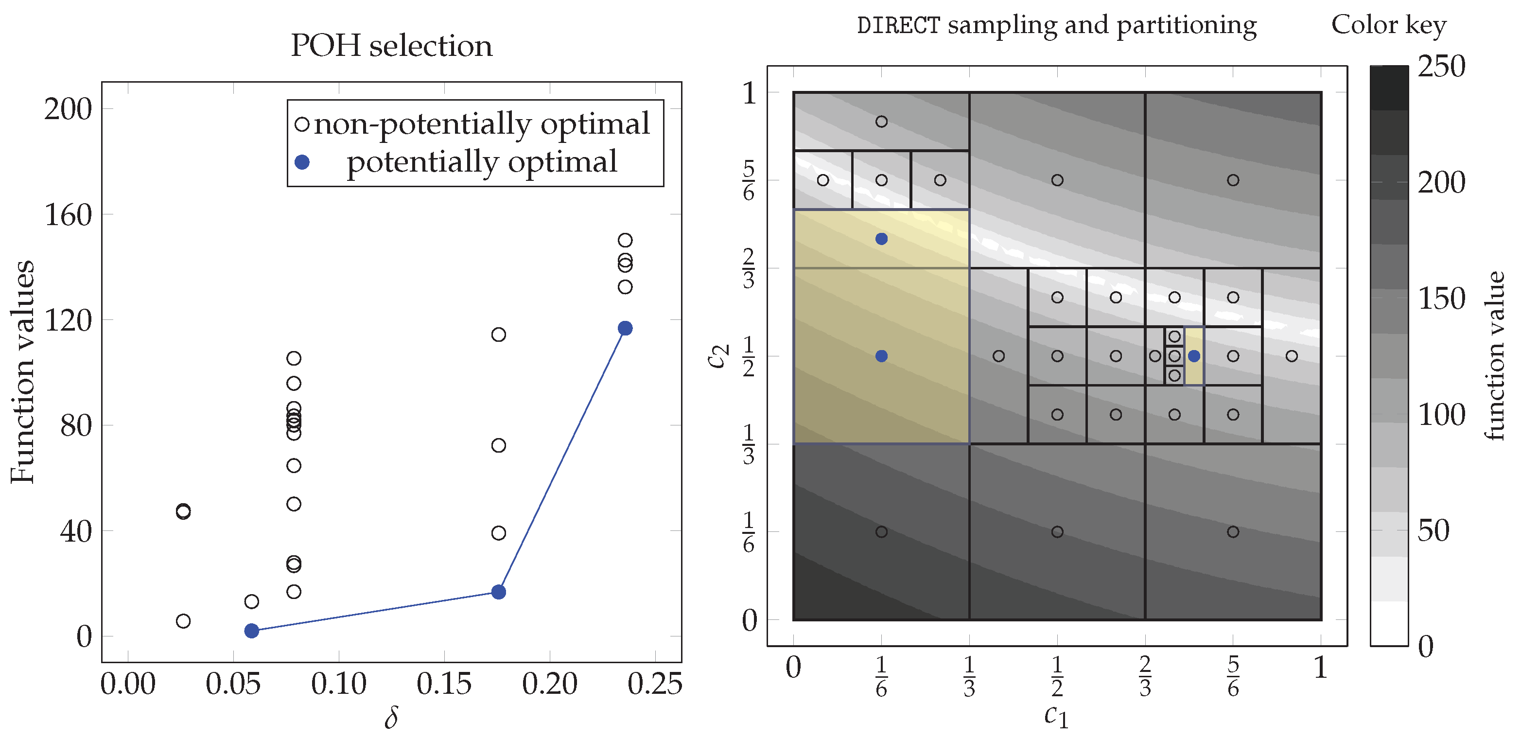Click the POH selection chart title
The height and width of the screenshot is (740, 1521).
coord(391,46)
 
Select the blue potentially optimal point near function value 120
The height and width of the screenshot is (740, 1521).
coord(625,328)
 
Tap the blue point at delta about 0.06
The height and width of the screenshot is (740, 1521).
coord(251,631)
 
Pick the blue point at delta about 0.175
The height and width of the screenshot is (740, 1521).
coord(499,592)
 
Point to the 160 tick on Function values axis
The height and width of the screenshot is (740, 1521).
coord(69,215)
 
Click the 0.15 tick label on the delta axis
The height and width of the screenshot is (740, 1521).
coord(444,684)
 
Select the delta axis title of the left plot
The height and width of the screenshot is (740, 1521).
coord(391,717)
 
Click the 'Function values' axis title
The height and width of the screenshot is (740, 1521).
coord(22,372)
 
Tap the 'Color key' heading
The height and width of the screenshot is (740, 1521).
coord(1388,25)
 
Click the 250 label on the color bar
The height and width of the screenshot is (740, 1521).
coord(1441,66)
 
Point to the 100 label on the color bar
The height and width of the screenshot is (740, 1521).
coord(1441,415)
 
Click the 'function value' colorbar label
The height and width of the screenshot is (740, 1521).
coord(1495,355)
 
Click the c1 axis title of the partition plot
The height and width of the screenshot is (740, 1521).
coord(1056,716)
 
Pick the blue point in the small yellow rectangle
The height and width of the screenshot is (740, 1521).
coord(1194,356)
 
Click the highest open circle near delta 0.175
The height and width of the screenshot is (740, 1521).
coord(499,335)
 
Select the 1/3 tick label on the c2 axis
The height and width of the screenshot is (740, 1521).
coord(748,444)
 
